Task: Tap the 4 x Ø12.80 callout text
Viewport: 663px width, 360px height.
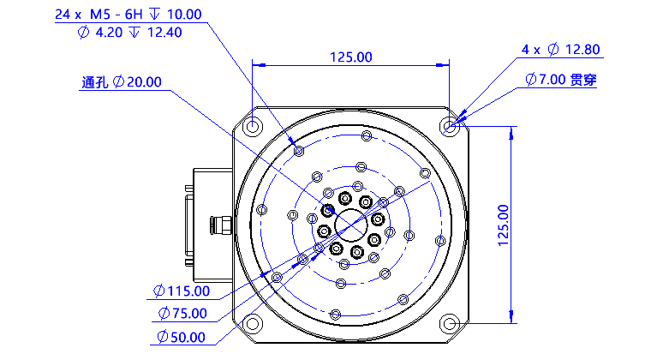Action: pos(562,49)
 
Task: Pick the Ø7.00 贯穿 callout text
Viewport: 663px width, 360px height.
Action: pos(561,80)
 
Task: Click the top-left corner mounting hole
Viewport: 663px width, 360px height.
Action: pos(253,127)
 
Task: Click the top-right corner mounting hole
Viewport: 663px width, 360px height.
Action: pos(451,127)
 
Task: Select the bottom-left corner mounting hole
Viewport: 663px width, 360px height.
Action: pos(253,323)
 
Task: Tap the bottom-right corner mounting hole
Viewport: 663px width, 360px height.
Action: pos(451,323)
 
